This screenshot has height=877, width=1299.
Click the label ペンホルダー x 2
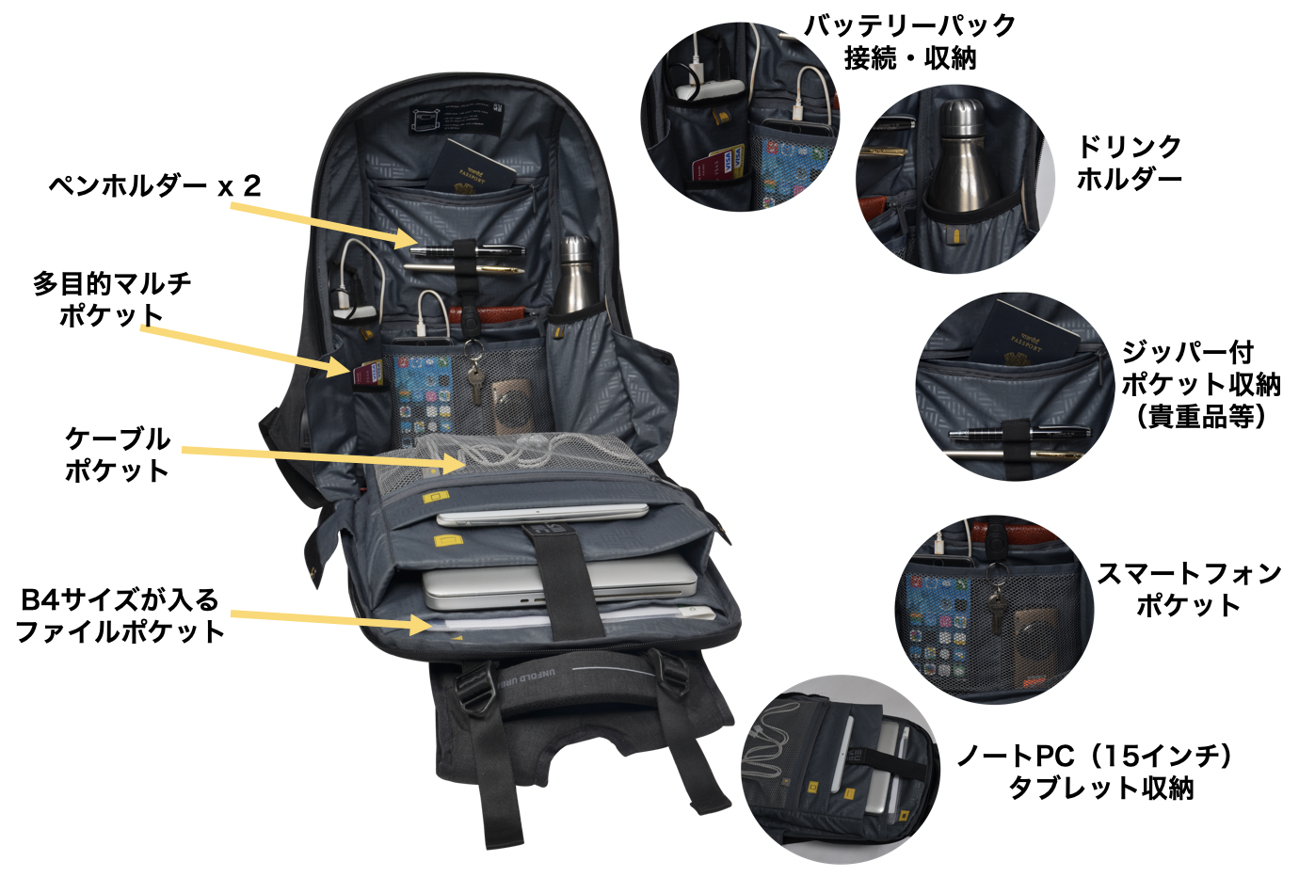point(154,185)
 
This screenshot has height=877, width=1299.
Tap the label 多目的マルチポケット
point(111,299)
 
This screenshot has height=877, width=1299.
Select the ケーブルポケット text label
point(117,454)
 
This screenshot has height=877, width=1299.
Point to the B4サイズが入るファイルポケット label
point(119,615)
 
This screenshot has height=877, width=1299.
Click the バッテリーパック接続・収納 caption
point(908,41)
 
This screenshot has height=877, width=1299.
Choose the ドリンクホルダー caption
point(1129,162)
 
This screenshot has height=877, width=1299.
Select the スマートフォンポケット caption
point(1189,589)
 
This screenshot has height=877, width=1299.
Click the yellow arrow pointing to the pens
point(324,226)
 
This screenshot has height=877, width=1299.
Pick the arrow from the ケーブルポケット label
point(324,458)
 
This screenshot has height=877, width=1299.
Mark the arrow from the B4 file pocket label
point(331,620)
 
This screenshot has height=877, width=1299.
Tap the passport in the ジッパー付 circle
point(1025,333)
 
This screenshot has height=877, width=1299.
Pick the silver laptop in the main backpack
point(560,582)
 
